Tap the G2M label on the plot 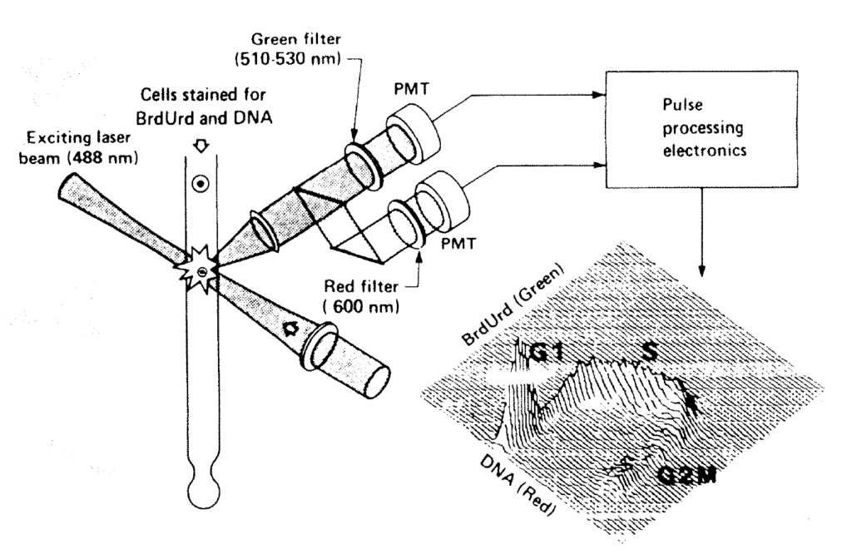coord(687,476)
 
